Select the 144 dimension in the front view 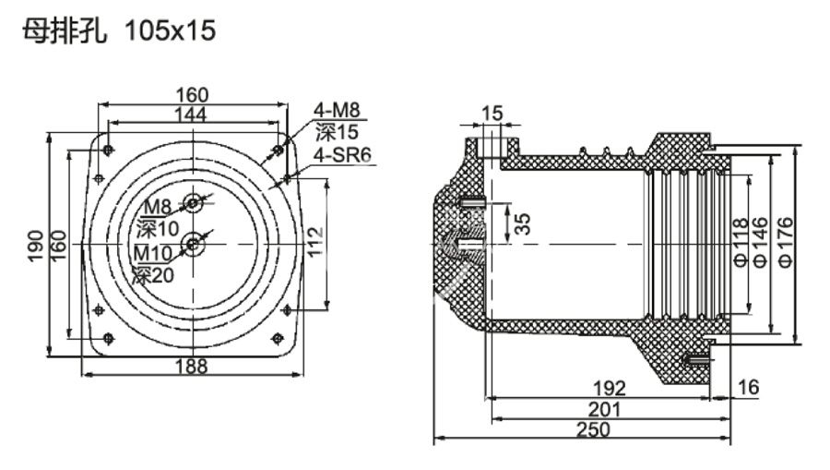(x=191, y=114)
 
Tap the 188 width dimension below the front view (x=191, y=366)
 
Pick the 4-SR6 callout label (x=341, y=155)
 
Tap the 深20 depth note (x=152, y=273)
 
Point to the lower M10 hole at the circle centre (x=194, y=244)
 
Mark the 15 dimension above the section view (x=492, y=114)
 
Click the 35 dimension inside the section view (x=522, y=223)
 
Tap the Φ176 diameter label (x=786, y=242)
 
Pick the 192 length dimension (x=609, y=387)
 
